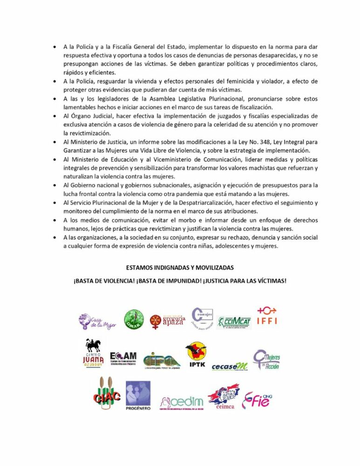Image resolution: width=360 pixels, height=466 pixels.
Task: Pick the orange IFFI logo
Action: [267, 316]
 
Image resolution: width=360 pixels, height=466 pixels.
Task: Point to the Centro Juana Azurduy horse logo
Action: [93, 354]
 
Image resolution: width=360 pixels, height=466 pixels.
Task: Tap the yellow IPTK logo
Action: [196, 355]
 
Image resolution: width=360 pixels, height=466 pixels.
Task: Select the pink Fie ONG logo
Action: [257, 399]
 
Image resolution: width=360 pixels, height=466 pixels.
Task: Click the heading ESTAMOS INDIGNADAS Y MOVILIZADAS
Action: [179, 268]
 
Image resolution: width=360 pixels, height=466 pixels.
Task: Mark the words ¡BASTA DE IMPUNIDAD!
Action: [163, 281]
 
